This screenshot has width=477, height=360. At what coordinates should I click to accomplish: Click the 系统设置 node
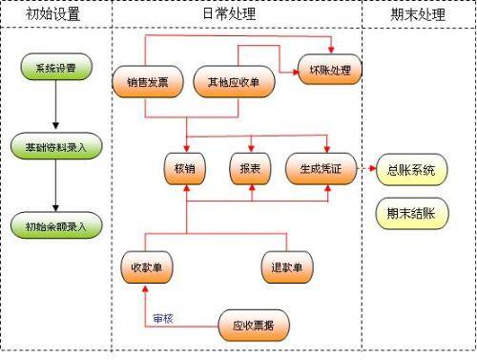click(x=55, y=69)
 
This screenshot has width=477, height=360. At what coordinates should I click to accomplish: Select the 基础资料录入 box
click(x=55, y=146)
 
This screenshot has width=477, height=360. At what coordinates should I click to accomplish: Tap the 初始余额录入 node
click(x=55, y=226)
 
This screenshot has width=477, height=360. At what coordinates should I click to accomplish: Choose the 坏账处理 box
click(x=330, y=70)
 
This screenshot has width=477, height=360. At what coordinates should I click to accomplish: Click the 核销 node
click(x=185, y=168)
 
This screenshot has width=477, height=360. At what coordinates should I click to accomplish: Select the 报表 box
click(x=251, y=168)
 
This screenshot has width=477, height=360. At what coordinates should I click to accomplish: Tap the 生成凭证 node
click(x=326, y=168)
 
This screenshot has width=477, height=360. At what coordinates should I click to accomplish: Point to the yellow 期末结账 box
click(x=411, y=214)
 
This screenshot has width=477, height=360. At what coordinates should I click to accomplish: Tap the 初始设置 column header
click(x=54, y=14)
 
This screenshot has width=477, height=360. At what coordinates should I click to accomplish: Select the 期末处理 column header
click(x=417, y=14)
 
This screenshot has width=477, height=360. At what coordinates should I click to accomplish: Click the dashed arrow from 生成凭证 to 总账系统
click(x=365, y=170)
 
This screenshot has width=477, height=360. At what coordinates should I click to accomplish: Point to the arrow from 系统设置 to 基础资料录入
click(x=55, y=108)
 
